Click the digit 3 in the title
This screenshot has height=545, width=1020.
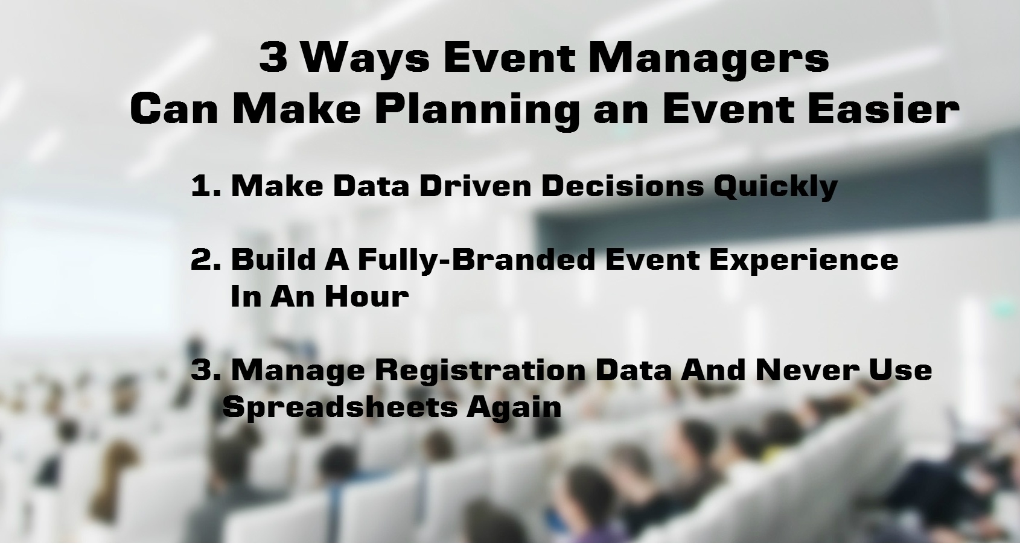[273, 59]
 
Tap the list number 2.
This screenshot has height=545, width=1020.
[205, 260]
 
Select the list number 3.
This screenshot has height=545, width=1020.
[205, 370]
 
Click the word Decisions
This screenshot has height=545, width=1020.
[622, 186]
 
